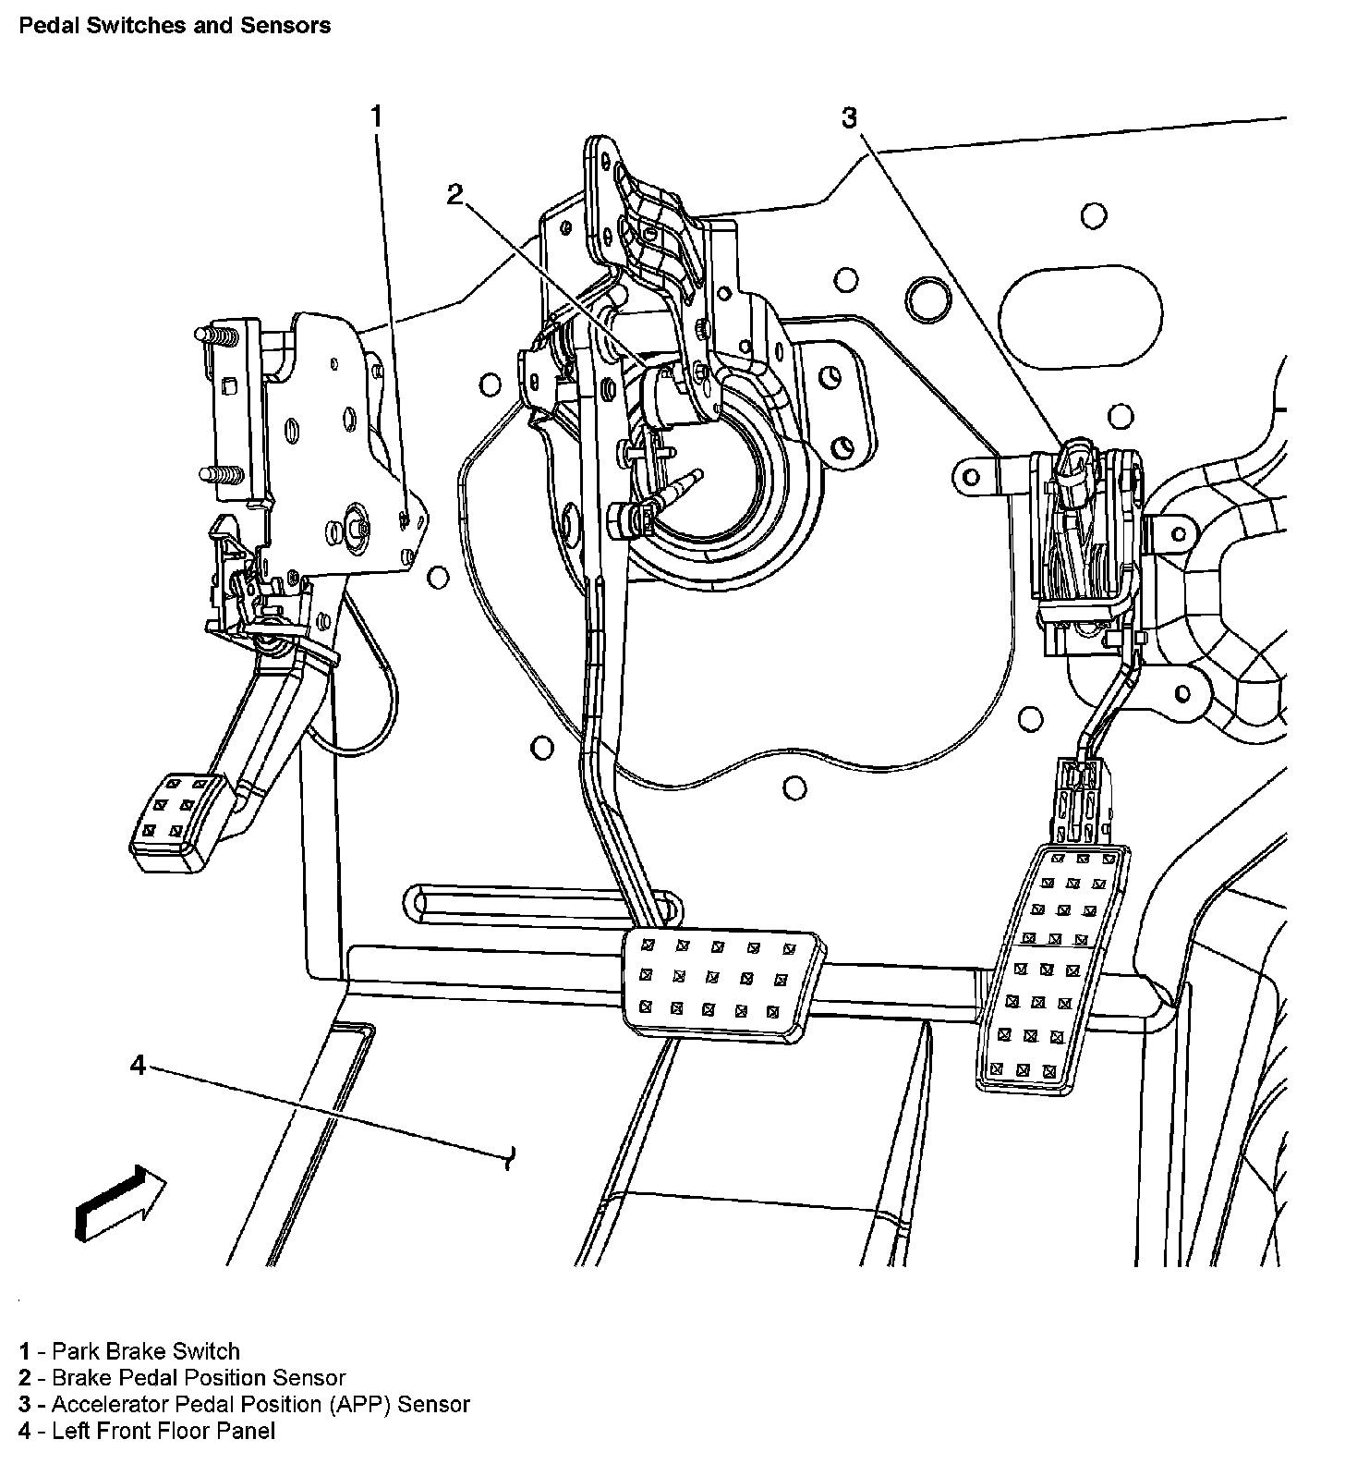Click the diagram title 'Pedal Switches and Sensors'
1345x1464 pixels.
[175, 25]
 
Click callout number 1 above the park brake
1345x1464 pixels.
[376, 116]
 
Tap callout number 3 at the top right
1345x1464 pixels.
[848, 117]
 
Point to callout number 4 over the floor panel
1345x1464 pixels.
[138, 1066]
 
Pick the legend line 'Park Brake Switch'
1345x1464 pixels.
[129, 1351]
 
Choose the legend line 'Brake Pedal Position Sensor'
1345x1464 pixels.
[182, 1378]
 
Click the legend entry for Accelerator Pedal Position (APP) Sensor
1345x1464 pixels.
[244, 1405]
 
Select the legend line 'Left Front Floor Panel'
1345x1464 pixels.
[147, 1432]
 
